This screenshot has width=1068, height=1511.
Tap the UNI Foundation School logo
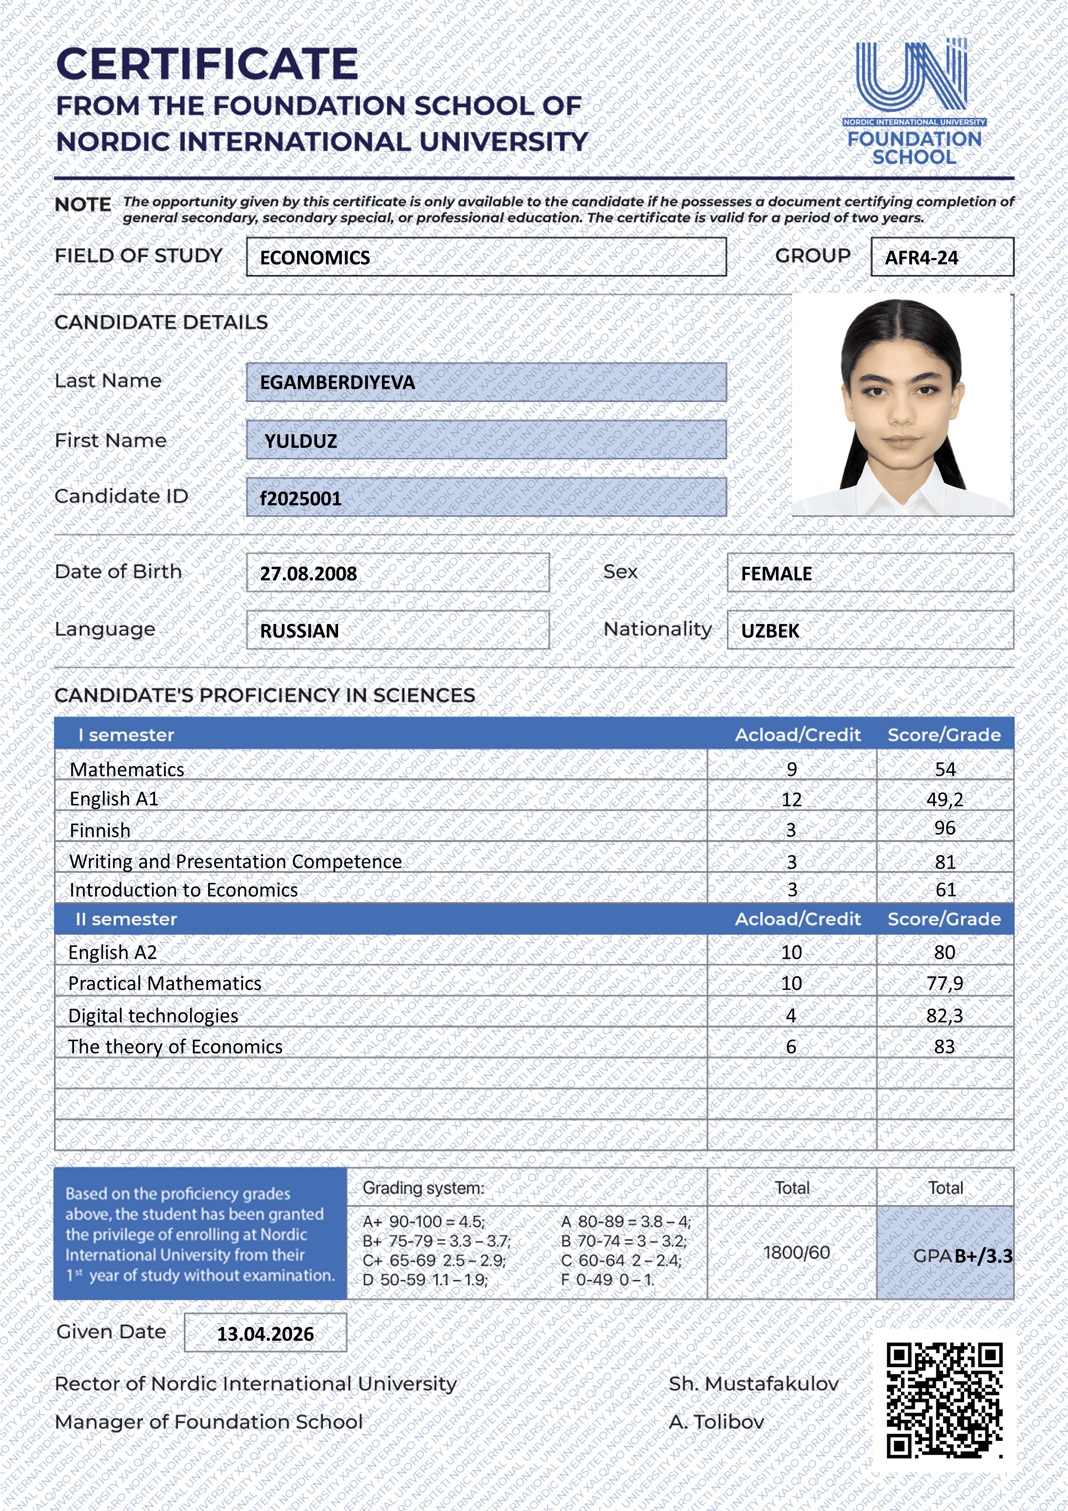point(913,102)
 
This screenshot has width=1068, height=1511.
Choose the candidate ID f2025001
point(301,498)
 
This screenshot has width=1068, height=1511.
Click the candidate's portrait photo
point(901,405)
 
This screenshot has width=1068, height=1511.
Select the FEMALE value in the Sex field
point(776,573)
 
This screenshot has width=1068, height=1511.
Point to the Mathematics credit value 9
point(792,769)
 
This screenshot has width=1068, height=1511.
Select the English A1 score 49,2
point(944,799)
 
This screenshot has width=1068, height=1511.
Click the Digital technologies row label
point(153,1016)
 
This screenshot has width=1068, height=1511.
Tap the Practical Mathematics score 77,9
point(944,983)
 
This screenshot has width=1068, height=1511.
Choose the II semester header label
point(126,919)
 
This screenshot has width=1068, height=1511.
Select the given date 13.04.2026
point(265,1334)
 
